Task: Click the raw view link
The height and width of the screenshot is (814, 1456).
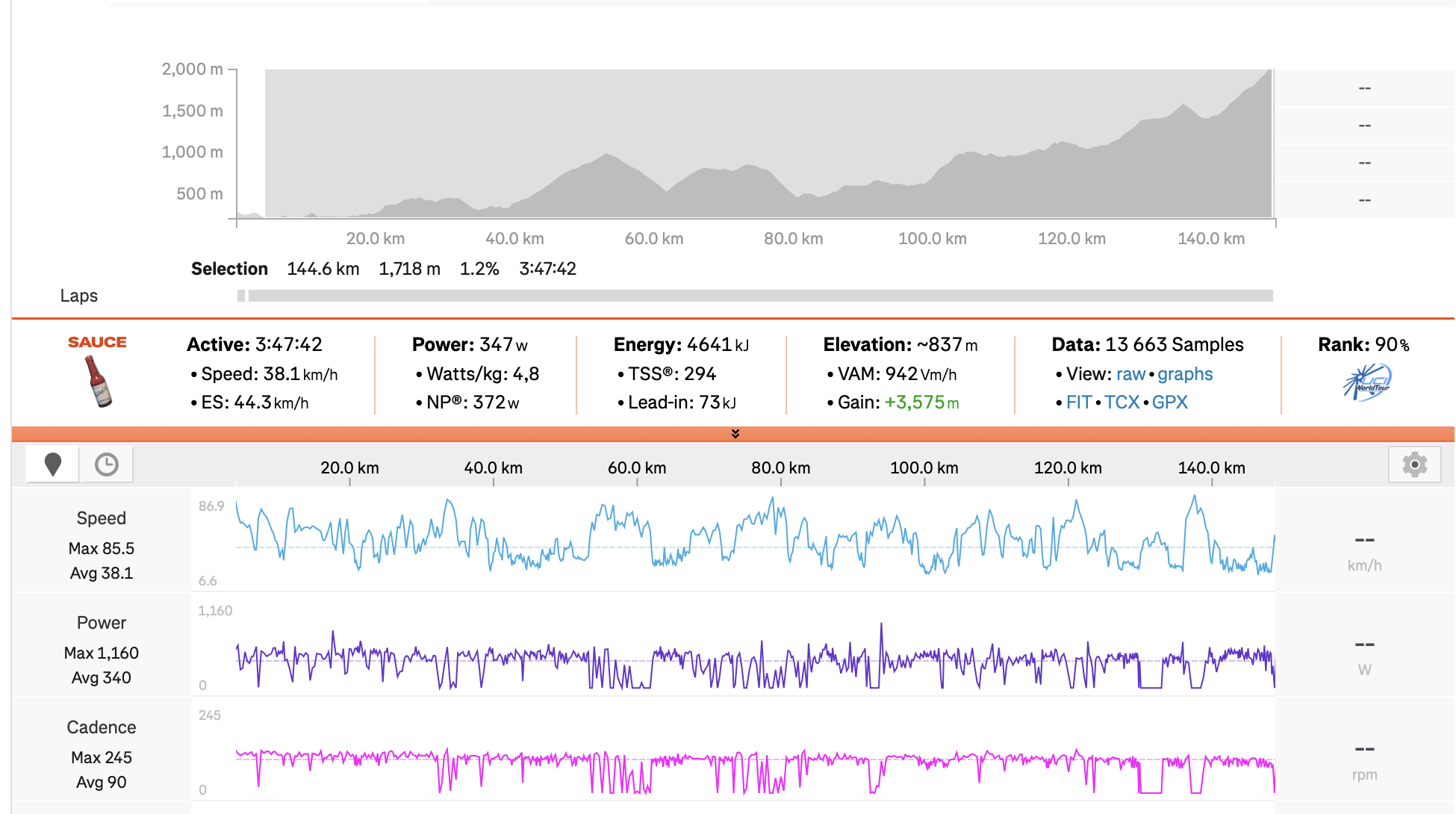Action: pos(1130,374)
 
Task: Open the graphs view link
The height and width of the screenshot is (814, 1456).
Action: pos(1185,374)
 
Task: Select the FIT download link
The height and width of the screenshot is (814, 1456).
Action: pos(1079,403)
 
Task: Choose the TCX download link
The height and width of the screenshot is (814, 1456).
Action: pos(1122,403)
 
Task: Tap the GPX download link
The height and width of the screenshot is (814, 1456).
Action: pos(1170,403)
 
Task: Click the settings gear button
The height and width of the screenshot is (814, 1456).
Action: pos(1414,465)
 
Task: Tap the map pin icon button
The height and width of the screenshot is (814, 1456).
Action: pos(52,465)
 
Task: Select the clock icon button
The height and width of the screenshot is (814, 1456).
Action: pos(107,465)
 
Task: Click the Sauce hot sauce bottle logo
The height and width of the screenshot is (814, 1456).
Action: pos(98,381)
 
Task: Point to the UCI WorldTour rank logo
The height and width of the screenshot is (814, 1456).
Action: pos(1366,382)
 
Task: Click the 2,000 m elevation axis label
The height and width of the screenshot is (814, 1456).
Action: pos(193,69)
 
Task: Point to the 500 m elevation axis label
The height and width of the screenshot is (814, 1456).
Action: pos(199,194)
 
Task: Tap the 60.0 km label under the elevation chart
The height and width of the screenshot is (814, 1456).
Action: pos(654,239)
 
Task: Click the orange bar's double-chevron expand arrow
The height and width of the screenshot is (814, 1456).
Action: pos(735,434)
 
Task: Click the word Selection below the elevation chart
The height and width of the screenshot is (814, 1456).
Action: pos(229,269)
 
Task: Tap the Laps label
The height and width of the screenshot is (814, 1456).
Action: pos(79,296)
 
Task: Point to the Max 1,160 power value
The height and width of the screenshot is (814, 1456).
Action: pos(102,653)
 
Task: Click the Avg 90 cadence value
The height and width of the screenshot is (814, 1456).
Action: pos(102,782)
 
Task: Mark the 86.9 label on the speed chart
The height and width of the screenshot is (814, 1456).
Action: pos(211,506)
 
